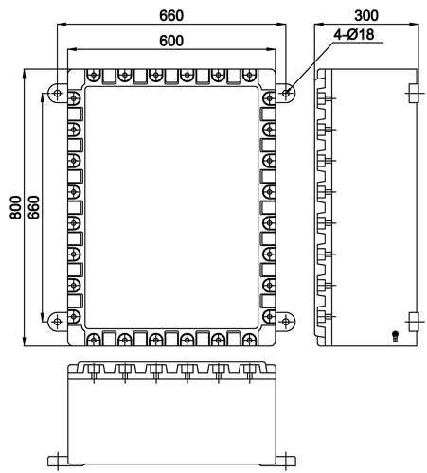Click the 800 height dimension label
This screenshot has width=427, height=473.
tap(15, 207)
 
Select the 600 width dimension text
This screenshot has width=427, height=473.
tap(171, 41)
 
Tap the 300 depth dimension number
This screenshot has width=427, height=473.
tap(366, 15)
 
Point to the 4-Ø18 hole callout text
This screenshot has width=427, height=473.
tap(354, 34)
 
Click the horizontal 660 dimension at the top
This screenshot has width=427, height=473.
tap(171, 16)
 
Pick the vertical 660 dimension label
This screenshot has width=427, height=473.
tap(34, 207)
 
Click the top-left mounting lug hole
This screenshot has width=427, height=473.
tap(57, 94)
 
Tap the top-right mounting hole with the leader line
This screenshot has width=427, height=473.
tap(286, 94)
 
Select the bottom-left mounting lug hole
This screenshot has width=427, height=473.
tap(57, 322)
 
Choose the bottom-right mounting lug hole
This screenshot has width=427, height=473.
tap(286, 322)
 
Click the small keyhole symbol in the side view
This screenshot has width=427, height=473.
tap(395, 336)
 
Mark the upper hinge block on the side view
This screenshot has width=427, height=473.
tap(413, 93)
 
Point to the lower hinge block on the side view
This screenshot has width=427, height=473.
tap(413, 322)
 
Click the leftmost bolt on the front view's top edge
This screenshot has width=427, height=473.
tap(94, 76)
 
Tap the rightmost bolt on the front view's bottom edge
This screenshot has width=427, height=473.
tap(249, 340)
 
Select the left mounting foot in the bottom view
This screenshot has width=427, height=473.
tap(58, 462)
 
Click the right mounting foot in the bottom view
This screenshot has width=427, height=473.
tap(286, 462)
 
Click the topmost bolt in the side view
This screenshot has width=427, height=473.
tap(325, 98)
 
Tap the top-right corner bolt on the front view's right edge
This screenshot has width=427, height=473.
tap(269, 98)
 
